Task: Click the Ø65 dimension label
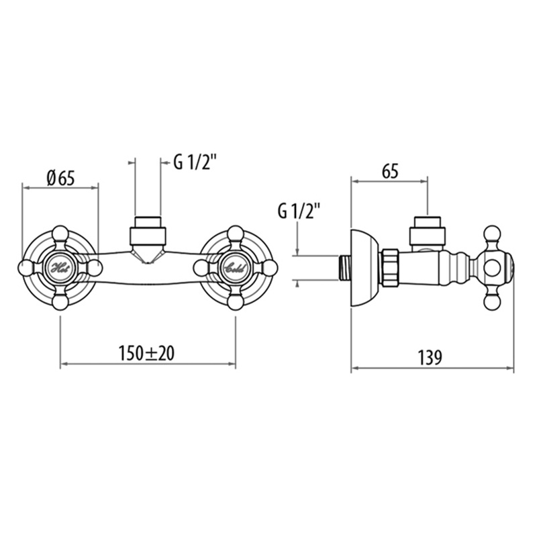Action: [x=61, y=178]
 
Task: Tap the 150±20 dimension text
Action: [x=146, y=353]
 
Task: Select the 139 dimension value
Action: [x=430, y=358]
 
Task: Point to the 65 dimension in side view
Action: [x=390, y=171]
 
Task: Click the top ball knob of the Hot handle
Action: [x=60, y=233]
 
